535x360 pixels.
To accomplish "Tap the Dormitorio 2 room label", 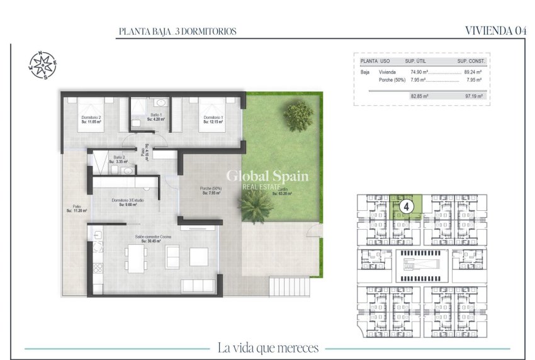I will tap(91, 119).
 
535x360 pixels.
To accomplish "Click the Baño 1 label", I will tap(155, 116).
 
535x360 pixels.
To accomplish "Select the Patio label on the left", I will tap(76, 208).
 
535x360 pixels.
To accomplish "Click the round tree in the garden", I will tap(298, 115).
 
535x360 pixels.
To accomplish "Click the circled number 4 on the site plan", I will tap(407, 206).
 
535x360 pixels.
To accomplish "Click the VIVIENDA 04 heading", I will tap(495, 30).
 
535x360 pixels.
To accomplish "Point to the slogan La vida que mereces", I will tap(267, 347).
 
